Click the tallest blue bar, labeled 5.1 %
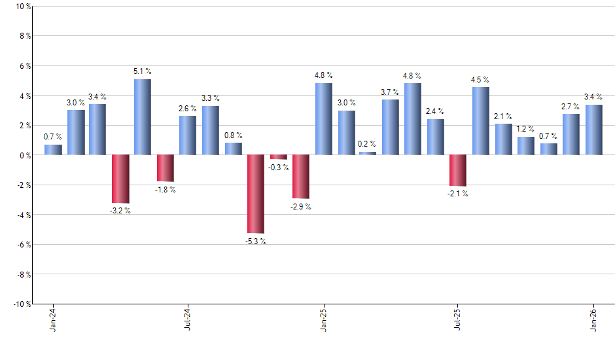click(x=143, y=117)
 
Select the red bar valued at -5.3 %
click(x=255, y=194)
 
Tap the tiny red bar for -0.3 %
click(x=278, y=157)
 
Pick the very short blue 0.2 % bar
click(x=368, y=153)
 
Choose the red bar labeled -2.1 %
click(x=457, y=170)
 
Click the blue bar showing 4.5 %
click(x=480, y=121)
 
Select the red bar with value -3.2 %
click(x=120, y=179)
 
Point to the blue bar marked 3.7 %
click(x=391, y=127)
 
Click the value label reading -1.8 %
click(x=166, y=190)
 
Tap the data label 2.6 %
click(x=187, y=109)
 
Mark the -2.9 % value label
click(x=300, y=207)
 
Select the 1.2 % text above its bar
click(x=525, y=129)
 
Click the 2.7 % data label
click(x=571, y=106)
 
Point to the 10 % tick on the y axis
click(x=22, y=7)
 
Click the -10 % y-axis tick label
click(x=21, y=304)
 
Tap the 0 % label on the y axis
click(x=24, y=156)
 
